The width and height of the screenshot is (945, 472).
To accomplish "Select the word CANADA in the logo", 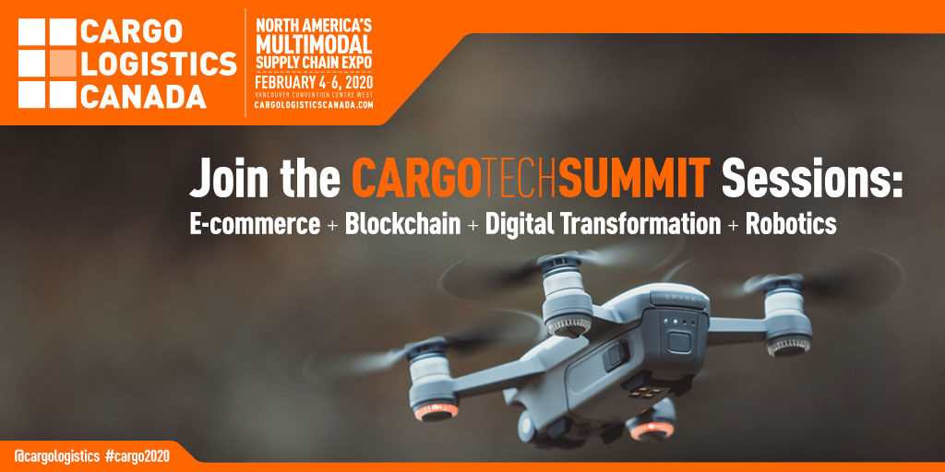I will coord(143,96).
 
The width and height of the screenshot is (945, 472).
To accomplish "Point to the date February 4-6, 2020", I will coord(314,82).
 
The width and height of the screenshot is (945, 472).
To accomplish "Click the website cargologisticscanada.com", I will coord(314,105).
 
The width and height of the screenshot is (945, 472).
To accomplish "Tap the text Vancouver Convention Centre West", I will coord(314,94).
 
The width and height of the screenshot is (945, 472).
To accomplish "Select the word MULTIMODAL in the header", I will coord(313,45).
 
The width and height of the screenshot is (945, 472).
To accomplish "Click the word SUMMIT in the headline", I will coord(634,178).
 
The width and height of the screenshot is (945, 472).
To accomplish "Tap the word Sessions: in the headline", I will coord(812,178).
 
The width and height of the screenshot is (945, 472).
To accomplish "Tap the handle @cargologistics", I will coord(53,454).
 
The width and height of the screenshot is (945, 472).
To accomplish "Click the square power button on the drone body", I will coord(679,340).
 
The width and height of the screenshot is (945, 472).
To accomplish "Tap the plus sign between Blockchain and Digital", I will coord(472,227).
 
